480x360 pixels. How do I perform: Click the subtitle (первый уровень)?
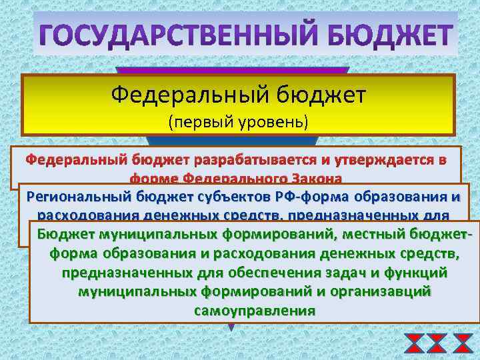pos(238,123)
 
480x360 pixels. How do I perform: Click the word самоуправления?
pos(254,311)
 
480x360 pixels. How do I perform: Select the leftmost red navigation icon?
pos(414,343)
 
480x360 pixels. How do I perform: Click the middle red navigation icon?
pos(437,343)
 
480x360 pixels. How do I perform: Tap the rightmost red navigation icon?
pos(462,343)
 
